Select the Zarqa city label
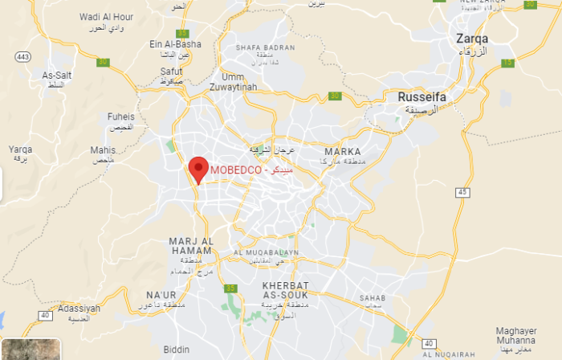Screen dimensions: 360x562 pos(471,38)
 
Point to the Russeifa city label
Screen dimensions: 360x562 pos(421,97)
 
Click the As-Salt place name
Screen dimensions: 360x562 pos(57,76)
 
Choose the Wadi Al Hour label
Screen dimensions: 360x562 pos(107,16)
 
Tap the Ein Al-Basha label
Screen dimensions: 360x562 pos(175,44)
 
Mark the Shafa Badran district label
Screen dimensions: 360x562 pos(267,47)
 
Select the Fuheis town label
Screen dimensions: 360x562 pos(120,117)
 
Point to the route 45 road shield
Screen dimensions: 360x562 pos(461,192)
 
